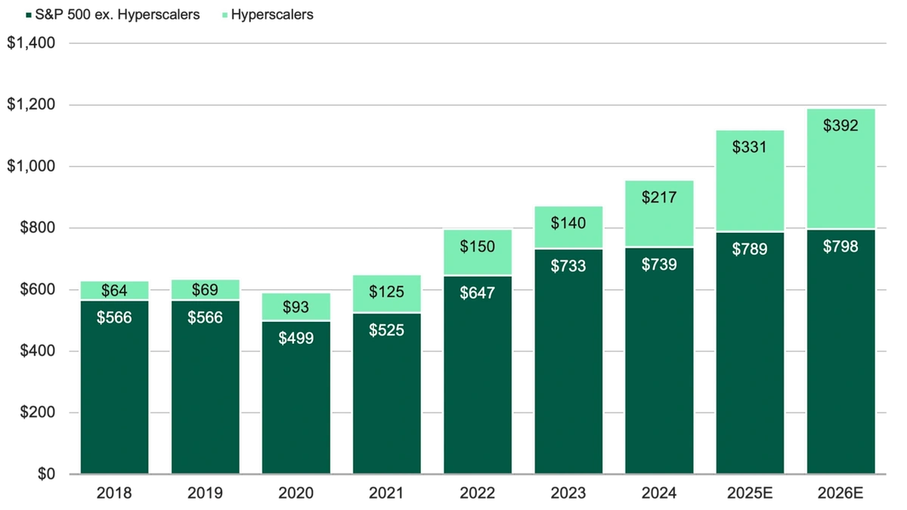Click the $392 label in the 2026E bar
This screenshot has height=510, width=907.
(x=840, y=125)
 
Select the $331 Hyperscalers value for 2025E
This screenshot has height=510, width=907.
(x=749, y=147)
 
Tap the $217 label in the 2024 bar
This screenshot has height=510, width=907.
(x=658, y=197)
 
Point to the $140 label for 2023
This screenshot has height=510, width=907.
(x=568, y=223)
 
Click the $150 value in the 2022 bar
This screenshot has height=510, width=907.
(x=477, y=246)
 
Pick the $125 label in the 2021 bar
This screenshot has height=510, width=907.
(x=386, y=292)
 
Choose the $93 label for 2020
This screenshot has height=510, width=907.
(x=296, y=308)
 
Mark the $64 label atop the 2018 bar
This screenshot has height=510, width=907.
(x=114, y=290)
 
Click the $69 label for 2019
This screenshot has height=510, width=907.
(x=205, y=290)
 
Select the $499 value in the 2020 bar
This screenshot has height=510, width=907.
(x=296, y=338)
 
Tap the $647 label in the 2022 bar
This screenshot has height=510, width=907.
(x=477, y=293)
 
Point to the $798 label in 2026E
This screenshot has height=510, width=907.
(x=840, y=246)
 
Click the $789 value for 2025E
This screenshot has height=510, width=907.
(x=749, y=249)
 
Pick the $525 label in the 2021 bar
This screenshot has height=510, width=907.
(x=386, y=330)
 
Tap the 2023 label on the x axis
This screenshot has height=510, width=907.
(x=568, y=494)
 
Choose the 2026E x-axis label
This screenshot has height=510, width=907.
(x=840, y=494)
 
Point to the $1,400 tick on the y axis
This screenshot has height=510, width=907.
(x=32, y=44)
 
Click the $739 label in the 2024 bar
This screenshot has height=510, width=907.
(x=658, y=264)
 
